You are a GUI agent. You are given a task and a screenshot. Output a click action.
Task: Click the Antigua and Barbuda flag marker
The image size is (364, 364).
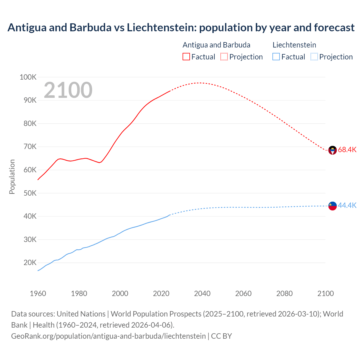332,150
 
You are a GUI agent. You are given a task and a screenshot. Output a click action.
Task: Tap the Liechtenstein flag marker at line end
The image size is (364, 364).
332,206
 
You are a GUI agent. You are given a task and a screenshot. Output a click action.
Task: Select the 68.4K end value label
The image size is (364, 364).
347,150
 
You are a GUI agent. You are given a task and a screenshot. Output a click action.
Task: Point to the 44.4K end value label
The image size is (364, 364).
347,205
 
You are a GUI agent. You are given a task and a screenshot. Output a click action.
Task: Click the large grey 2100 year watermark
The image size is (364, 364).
68,90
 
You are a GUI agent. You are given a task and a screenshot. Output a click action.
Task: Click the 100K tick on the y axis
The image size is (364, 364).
28,77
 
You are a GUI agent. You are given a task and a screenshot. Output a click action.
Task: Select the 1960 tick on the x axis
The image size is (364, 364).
38,293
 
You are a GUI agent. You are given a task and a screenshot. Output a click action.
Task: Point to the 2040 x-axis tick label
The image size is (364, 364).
202,293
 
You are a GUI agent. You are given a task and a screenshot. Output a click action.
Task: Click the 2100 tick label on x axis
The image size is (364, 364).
325,293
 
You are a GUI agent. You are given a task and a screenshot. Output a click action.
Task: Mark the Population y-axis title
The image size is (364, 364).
12,177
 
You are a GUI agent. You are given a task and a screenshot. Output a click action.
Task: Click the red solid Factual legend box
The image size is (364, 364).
186,57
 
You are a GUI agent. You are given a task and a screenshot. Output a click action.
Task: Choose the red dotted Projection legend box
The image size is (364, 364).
224,57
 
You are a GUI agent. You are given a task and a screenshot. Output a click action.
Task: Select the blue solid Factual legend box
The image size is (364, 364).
276,57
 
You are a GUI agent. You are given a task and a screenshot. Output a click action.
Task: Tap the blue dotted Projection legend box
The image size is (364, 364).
314,57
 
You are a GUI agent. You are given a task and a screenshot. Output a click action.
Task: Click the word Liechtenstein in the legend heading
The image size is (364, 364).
294,45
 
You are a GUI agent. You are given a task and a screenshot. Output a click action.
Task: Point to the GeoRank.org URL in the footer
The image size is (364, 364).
108,336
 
